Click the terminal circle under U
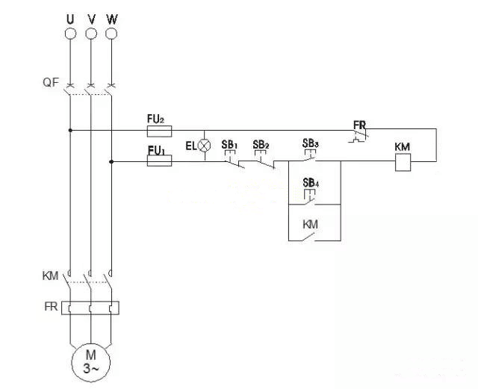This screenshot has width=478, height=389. click(x=70, y=34)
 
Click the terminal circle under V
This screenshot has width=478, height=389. click(x=91, y=34)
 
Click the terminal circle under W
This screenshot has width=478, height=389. click(x=112, y=34)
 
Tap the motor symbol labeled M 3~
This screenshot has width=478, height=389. click(x=90, y=361)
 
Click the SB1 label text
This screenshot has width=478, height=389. click(x=229, y=144)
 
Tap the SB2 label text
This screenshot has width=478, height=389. click(x=261, y=144)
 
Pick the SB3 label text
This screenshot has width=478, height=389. click(x=311, y=143)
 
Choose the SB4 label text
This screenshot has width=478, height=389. click(x=311, y=183)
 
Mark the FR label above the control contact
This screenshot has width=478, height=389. click(x=360, y=123)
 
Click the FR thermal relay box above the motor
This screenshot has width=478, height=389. click(x=90, y=307)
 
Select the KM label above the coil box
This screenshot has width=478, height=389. click(x=403, y=147)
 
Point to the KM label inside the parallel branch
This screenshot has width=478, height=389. click(x=311, y=224)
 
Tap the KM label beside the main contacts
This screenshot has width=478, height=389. click(x=49, y=276)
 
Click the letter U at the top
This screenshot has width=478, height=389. click(x=70, y=16)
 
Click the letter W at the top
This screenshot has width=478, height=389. click(x=112, y=16)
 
